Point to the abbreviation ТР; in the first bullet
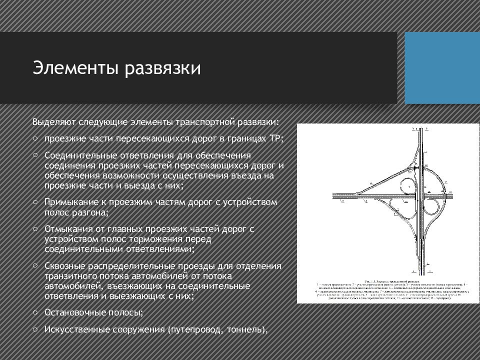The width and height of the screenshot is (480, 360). tap(277, 138)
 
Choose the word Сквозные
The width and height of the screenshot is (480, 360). tap(62, 265)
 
